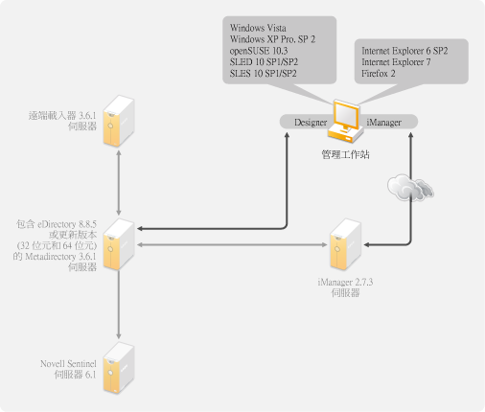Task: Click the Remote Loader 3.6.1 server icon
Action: coord(119,122)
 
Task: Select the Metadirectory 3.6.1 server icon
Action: coord(119,244)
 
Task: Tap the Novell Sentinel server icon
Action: coord(119,368)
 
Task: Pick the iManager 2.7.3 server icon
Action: coord(345,244)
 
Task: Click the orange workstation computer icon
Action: coord(346,122)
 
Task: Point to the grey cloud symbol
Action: coord(410,188)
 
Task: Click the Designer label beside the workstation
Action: coord(311,123)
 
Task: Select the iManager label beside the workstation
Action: coord(383,123)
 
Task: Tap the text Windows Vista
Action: coord(258,28)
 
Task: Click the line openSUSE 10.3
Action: coord(259,51)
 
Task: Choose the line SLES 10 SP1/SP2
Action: coord(264,74)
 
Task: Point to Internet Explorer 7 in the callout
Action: coord(396,62)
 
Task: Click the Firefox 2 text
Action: coord(379,74)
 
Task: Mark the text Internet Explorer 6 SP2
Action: coord(404,51)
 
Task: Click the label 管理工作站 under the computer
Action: coord(345,154)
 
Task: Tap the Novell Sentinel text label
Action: coord(68,364)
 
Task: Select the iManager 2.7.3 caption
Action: coord(345,283)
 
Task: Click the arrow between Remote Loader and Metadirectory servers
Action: coord(119,183)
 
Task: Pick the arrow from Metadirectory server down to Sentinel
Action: coord(119,305)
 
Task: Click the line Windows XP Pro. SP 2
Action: coord(272,39)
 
